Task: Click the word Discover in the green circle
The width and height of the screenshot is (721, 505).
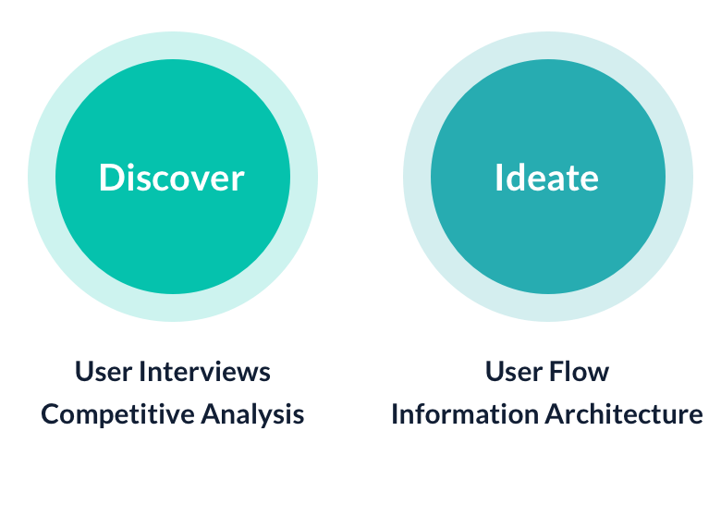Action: (172, 178)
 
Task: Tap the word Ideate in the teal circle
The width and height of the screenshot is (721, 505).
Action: (546, 178)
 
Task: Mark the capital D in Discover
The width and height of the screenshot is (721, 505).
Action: (111, 178)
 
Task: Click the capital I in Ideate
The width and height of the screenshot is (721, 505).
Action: (499, 178)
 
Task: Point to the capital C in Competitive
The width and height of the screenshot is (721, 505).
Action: (50, 414)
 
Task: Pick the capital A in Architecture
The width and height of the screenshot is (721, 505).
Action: (554, 413)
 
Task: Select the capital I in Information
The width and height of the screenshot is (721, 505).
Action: (395, 413)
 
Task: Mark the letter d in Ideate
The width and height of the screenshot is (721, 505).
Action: (519, 178)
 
